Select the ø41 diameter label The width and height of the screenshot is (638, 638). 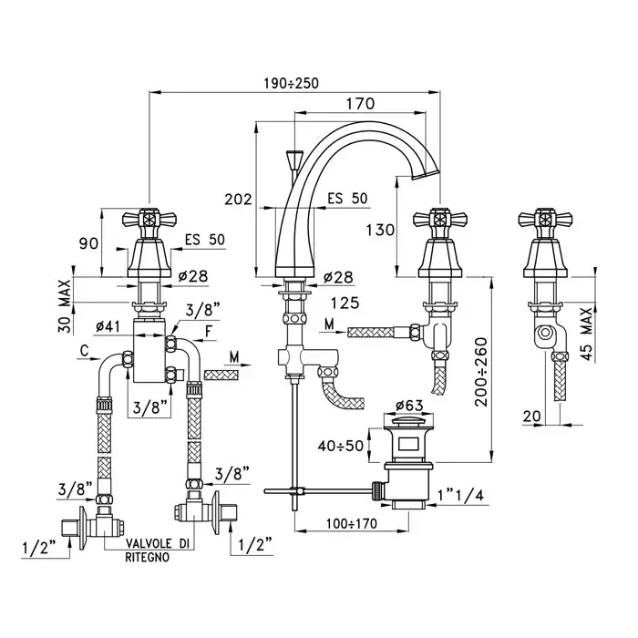point(110,324)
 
